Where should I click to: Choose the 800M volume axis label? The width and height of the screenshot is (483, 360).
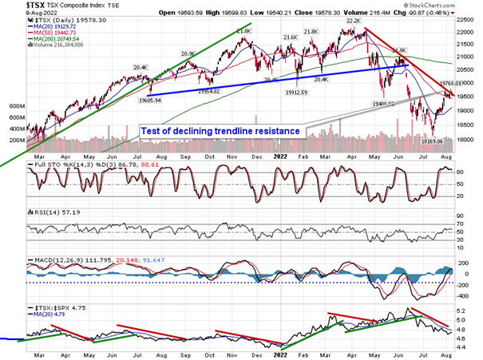[13, 105]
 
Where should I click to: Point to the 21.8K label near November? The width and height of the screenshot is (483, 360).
[243, 31]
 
